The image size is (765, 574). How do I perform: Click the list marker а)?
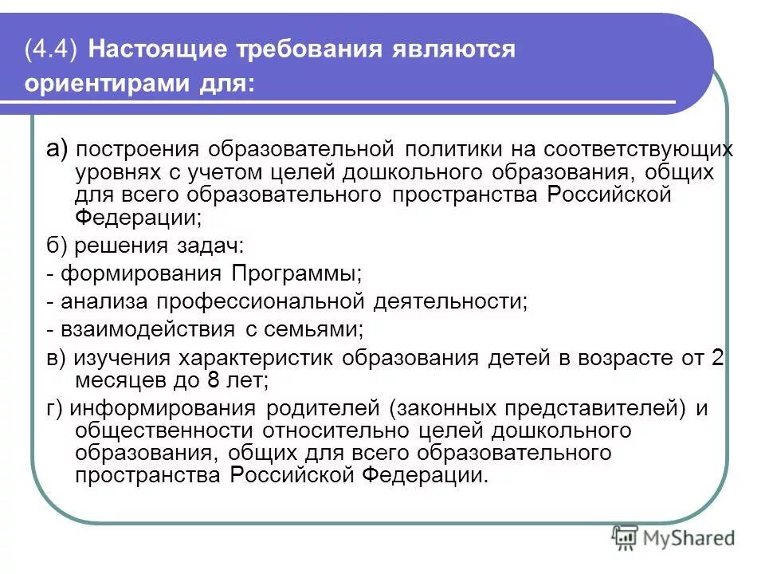tap(57, 148)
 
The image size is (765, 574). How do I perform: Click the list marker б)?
tap(57, 246)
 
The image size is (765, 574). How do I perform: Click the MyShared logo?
tap(673, 537)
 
